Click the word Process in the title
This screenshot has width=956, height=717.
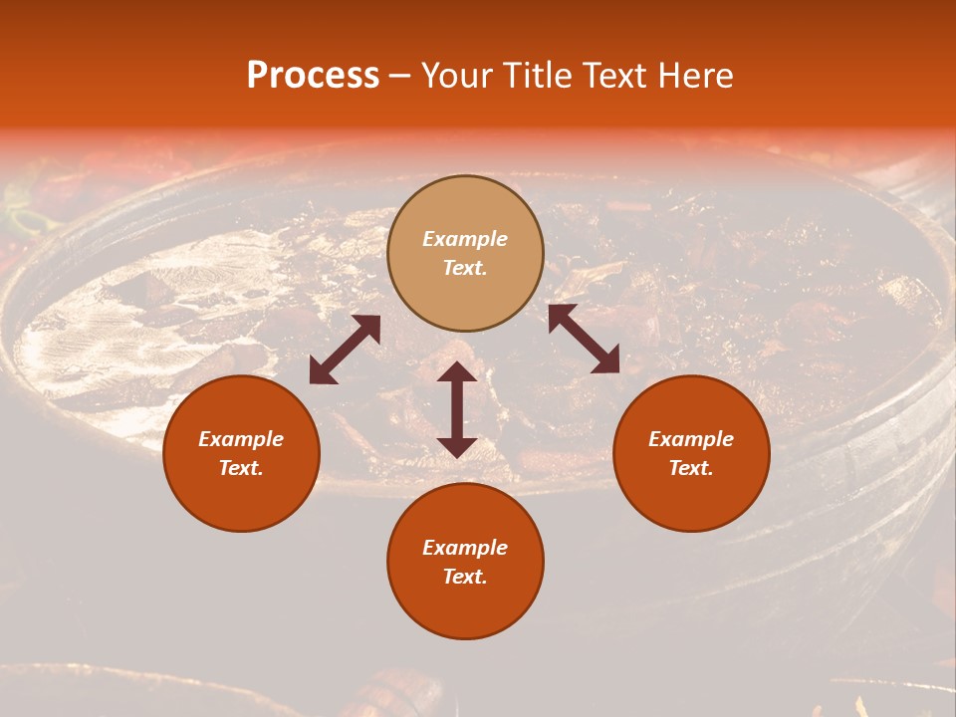313,76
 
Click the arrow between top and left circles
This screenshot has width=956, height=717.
345,350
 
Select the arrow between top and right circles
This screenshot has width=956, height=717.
584,339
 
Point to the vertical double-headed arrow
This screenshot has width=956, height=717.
457,409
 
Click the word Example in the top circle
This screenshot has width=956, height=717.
465,239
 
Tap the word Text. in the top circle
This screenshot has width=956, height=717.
465,268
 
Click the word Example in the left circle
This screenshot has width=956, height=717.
241,439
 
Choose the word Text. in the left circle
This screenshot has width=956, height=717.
241,468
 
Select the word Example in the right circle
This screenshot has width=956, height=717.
691,439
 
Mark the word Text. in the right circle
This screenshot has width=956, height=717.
691,468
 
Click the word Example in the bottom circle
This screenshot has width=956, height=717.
465,548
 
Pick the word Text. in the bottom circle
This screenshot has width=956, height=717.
465,577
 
